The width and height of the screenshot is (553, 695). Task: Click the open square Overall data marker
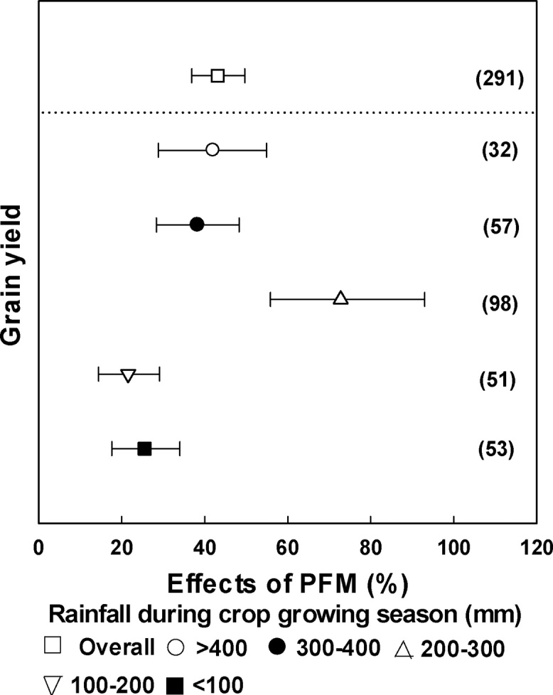(x=218, y=76)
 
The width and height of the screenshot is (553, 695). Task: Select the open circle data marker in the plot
(x=212, y=150)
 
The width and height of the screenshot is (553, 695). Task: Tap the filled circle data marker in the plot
(x=197, y=224)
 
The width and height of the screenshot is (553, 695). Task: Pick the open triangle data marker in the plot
(x=340, y=298)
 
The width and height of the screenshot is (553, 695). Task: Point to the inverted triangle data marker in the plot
(x=128, y=375)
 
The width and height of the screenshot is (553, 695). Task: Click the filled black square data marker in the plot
(x=144, y=448)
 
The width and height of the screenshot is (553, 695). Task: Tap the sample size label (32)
(x=499, y=151)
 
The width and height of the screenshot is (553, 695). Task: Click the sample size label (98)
(x=499, y=303)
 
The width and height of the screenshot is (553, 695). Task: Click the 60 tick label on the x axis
(x=287, y=549)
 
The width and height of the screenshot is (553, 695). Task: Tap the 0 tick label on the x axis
(x=39, y=549)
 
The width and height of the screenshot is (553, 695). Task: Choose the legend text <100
(x=220, y=684)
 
